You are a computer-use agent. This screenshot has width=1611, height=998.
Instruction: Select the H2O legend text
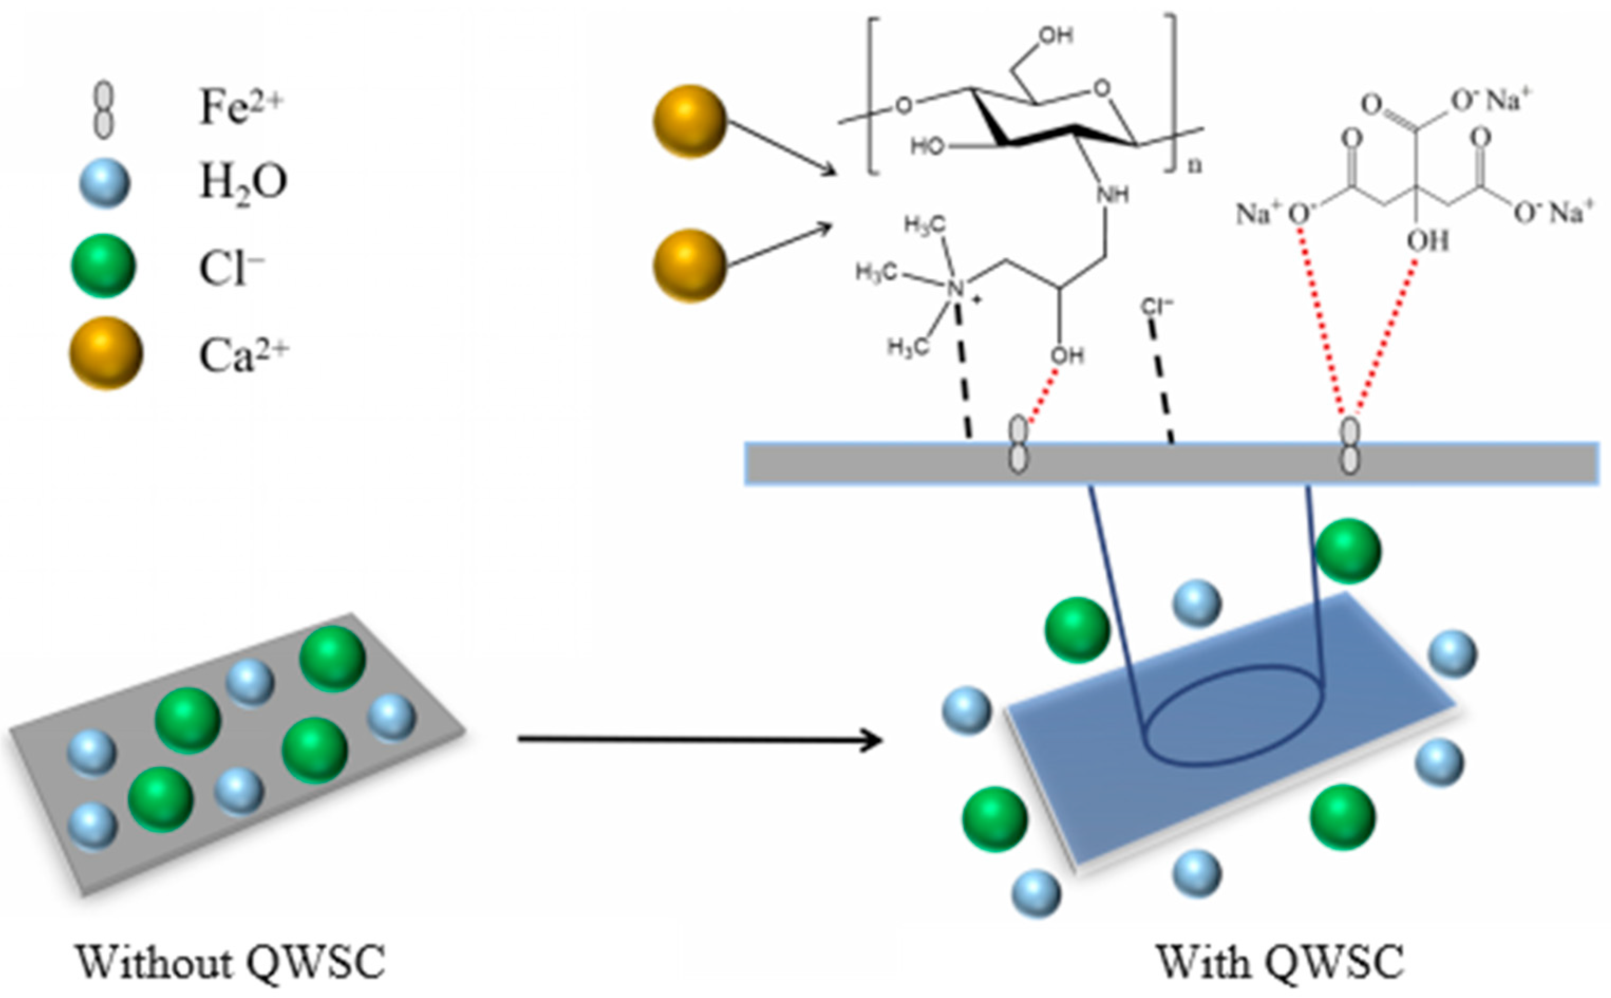243,183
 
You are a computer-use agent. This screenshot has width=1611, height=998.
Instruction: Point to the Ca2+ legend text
243,356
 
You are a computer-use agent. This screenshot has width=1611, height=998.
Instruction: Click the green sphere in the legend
103,266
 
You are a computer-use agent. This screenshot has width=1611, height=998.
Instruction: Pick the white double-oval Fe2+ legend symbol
103,110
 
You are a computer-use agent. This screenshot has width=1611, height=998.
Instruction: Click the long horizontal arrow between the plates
699,740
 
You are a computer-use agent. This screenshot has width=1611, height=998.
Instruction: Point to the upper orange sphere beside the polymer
689,121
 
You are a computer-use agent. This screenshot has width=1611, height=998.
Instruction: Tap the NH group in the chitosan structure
1112,195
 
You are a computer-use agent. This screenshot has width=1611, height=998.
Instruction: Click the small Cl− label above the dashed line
1157,306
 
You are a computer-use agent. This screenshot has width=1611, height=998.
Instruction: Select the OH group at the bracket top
1056,35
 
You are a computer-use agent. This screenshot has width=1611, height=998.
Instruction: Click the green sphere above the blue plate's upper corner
1349,551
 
